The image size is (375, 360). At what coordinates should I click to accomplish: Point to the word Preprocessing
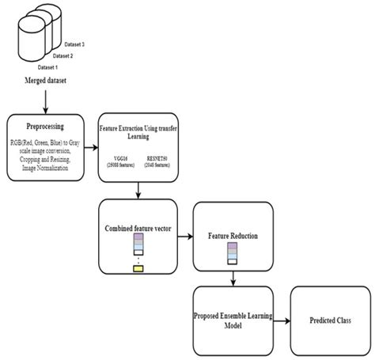click(44, 124)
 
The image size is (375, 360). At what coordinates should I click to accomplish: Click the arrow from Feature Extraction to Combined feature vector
click(139, 190)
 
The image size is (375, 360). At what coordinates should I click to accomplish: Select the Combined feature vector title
click(139, 227)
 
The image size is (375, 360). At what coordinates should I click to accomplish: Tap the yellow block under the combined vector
click(139, 271)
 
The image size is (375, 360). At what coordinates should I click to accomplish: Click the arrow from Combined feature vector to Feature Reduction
click(187, 235)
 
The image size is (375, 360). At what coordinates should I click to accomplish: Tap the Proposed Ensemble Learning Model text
click(233, 321)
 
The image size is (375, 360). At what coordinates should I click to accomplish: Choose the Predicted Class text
click(325, 321)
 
